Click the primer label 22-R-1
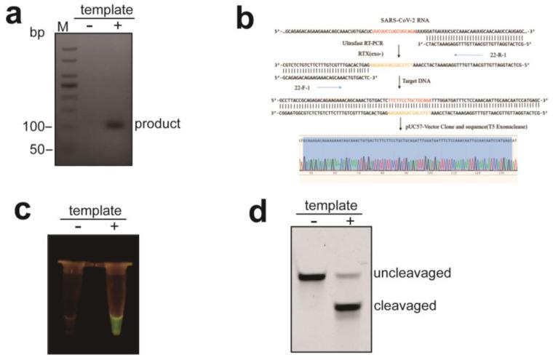pyautogui.click(x=496, y=55)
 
